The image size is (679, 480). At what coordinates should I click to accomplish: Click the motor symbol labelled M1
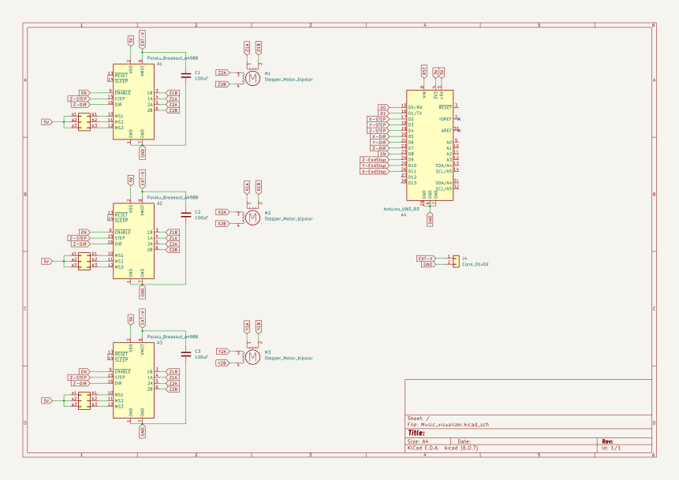252,78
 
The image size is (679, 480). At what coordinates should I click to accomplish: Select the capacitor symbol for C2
186,214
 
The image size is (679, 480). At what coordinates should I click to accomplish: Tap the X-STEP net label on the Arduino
378,119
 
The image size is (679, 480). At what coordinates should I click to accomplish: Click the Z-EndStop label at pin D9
375,160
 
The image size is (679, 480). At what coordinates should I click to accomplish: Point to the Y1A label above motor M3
247,326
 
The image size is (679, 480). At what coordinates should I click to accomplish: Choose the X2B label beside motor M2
222,224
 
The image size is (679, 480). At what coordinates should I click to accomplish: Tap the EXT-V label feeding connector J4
426,258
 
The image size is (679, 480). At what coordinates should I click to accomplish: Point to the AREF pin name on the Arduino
446,131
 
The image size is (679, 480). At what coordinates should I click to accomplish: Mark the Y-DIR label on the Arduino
379,143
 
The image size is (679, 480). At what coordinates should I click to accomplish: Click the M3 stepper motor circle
252,357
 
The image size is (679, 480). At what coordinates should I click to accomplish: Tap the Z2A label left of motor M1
222,73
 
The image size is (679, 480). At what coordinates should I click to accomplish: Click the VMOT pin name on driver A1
143,71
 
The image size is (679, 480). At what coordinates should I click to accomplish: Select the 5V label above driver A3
130,318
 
